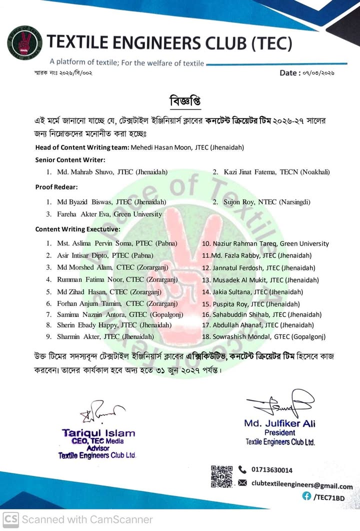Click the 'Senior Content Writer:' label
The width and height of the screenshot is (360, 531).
coord(70,159)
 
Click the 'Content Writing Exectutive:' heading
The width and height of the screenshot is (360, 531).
coord(77,229)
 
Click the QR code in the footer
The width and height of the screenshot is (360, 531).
coord(221,476)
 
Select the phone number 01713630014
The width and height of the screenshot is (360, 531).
coord(272,470)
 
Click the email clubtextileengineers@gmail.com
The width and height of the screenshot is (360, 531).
coord(301,484)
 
